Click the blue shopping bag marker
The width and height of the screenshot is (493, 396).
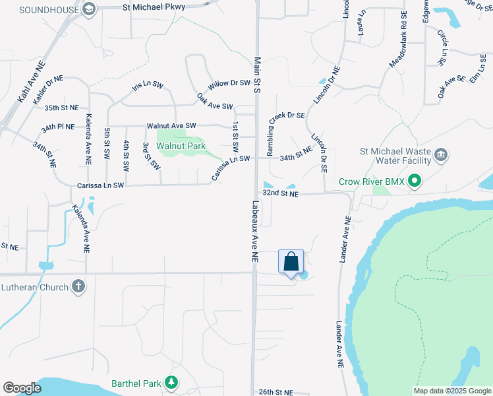291,262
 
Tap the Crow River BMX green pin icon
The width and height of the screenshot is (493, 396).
414,181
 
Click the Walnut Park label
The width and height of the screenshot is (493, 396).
181,145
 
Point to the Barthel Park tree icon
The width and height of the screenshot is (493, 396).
171,382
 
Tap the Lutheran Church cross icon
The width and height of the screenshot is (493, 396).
78,286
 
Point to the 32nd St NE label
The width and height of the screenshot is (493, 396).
281,194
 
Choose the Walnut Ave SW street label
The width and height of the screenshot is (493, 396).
171,125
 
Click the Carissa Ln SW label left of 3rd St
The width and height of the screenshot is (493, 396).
101,185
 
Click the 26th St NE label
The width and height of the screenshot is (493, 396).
275,391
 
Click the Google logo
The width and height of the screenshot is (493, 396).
22,388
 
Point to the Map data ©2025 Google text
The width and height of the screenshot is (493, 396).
451,391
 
